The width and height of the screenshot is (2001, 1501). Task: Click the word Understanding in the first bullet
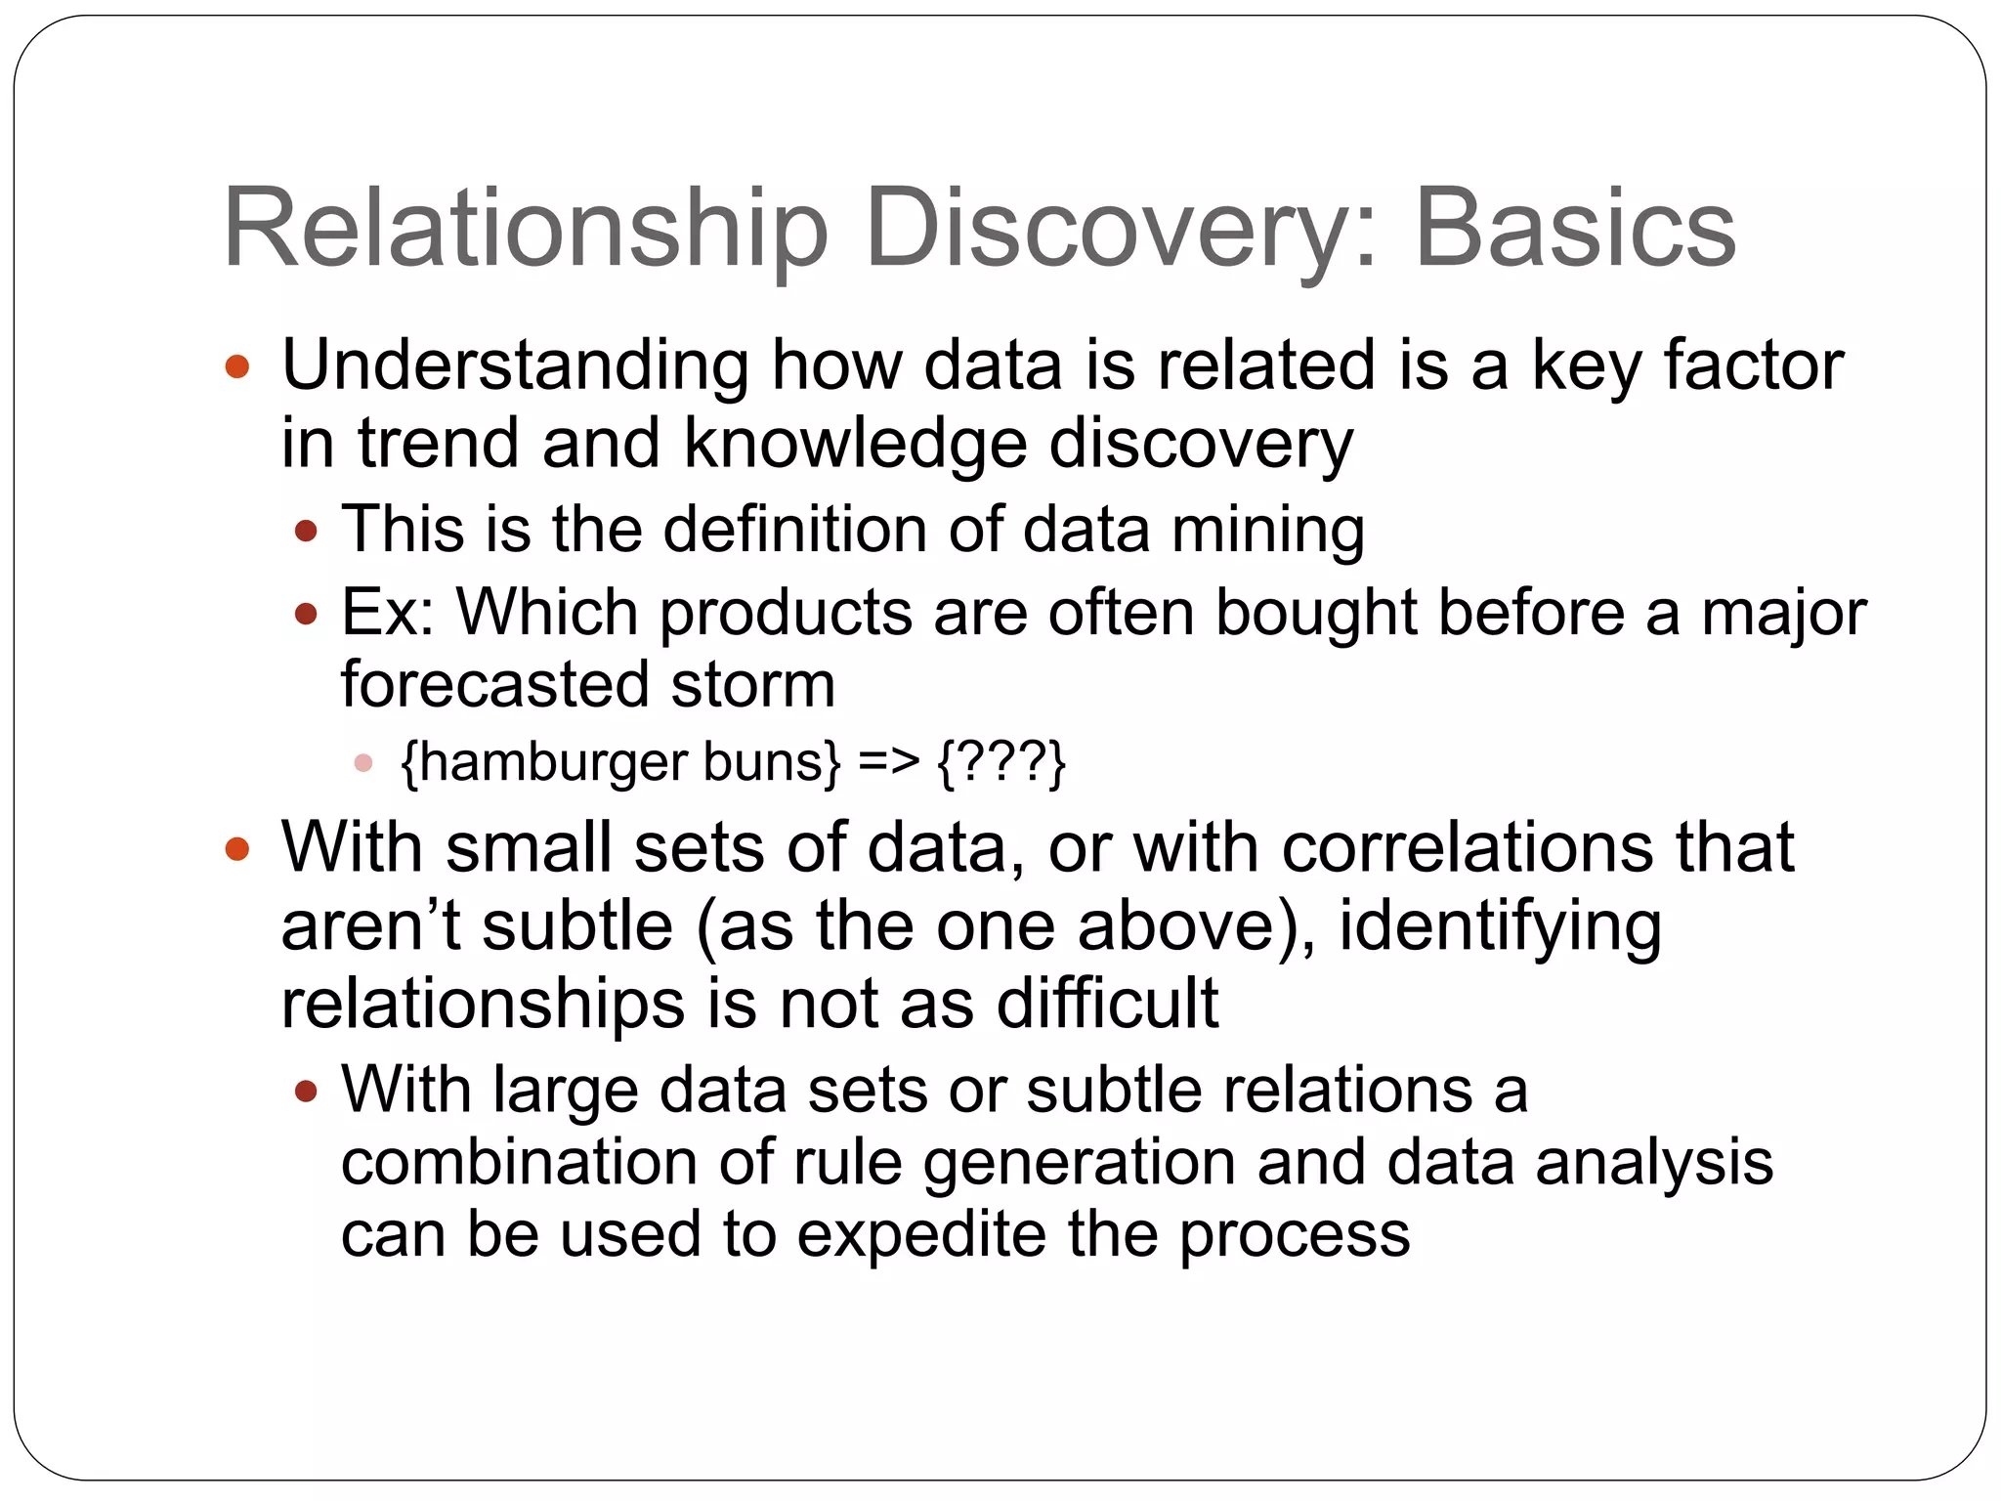(x=515, y=365)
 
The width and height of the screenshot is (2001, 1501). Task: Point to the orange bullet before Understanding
(x=237, y=367)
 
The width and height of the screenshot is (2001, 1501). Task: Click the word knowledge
(x=855, y=444)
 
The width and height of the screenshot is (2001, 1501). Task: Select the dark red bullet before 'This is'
(x=307, y=532)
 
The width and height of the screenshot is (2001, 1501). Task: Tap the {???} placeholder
(x=1001, y=761)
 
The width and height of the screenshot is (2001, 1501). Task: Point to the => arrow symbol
(x=889, y=761)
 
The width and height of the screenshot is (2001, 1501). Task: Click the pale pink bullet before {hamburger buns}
(x=363, y=763)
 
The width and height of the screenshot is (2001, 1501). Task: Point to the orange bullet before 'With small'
(x=237, y=848)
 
